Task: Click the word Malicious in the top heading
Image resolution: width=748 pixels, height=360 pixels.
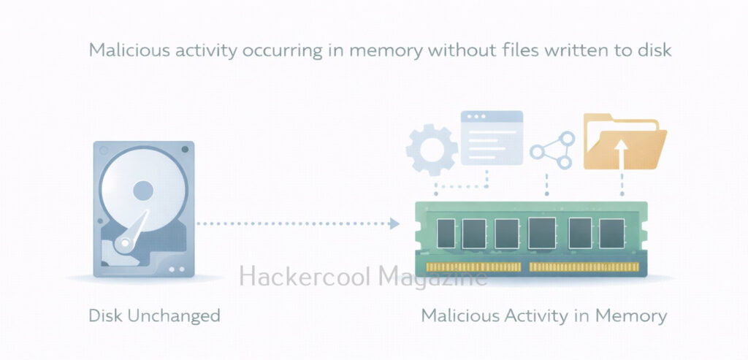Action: tap(123, 50)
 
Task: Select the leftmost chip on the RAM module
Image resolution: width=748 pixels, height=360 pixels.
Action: tap(443, 233)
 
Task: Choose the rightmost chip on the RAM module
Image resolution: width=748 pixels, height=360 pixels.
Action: tap(611, 233)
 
